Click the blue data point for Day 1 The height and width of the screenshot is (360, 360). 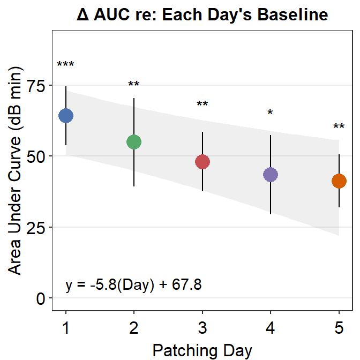tap(66, 115)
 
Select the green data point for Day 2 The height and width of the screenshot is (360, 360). tap(133, 142)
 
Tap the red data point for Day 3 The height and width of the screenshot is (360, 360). tap(202, 162)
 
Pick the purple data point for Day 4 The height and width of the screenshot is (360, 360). tap(271, 175)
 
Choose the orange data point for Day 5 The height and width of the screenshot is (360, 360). tap(339, 182)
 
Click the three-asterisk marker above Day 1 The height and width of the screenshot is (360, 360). tap(66, 65)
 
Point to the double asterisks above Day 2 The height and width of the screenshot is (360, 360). tap(133, 85)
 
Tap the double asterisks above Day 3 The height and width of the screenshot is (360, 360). tap(202, 104)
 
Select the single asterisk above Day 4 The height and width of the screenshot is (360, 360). tap(271, 113)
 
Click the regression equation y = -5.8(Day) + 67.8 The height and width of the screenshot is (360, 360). tap(133, 284)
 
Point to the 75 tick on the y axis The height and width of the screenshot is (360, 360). tap(36, 85)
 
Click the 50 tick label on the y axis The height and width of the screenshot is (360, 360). tap(36, 156)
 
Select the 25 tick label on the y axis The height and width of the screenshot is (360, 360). tap(36, 227)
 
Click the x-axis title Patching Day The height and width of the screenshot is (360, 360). tap(202, 350)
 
